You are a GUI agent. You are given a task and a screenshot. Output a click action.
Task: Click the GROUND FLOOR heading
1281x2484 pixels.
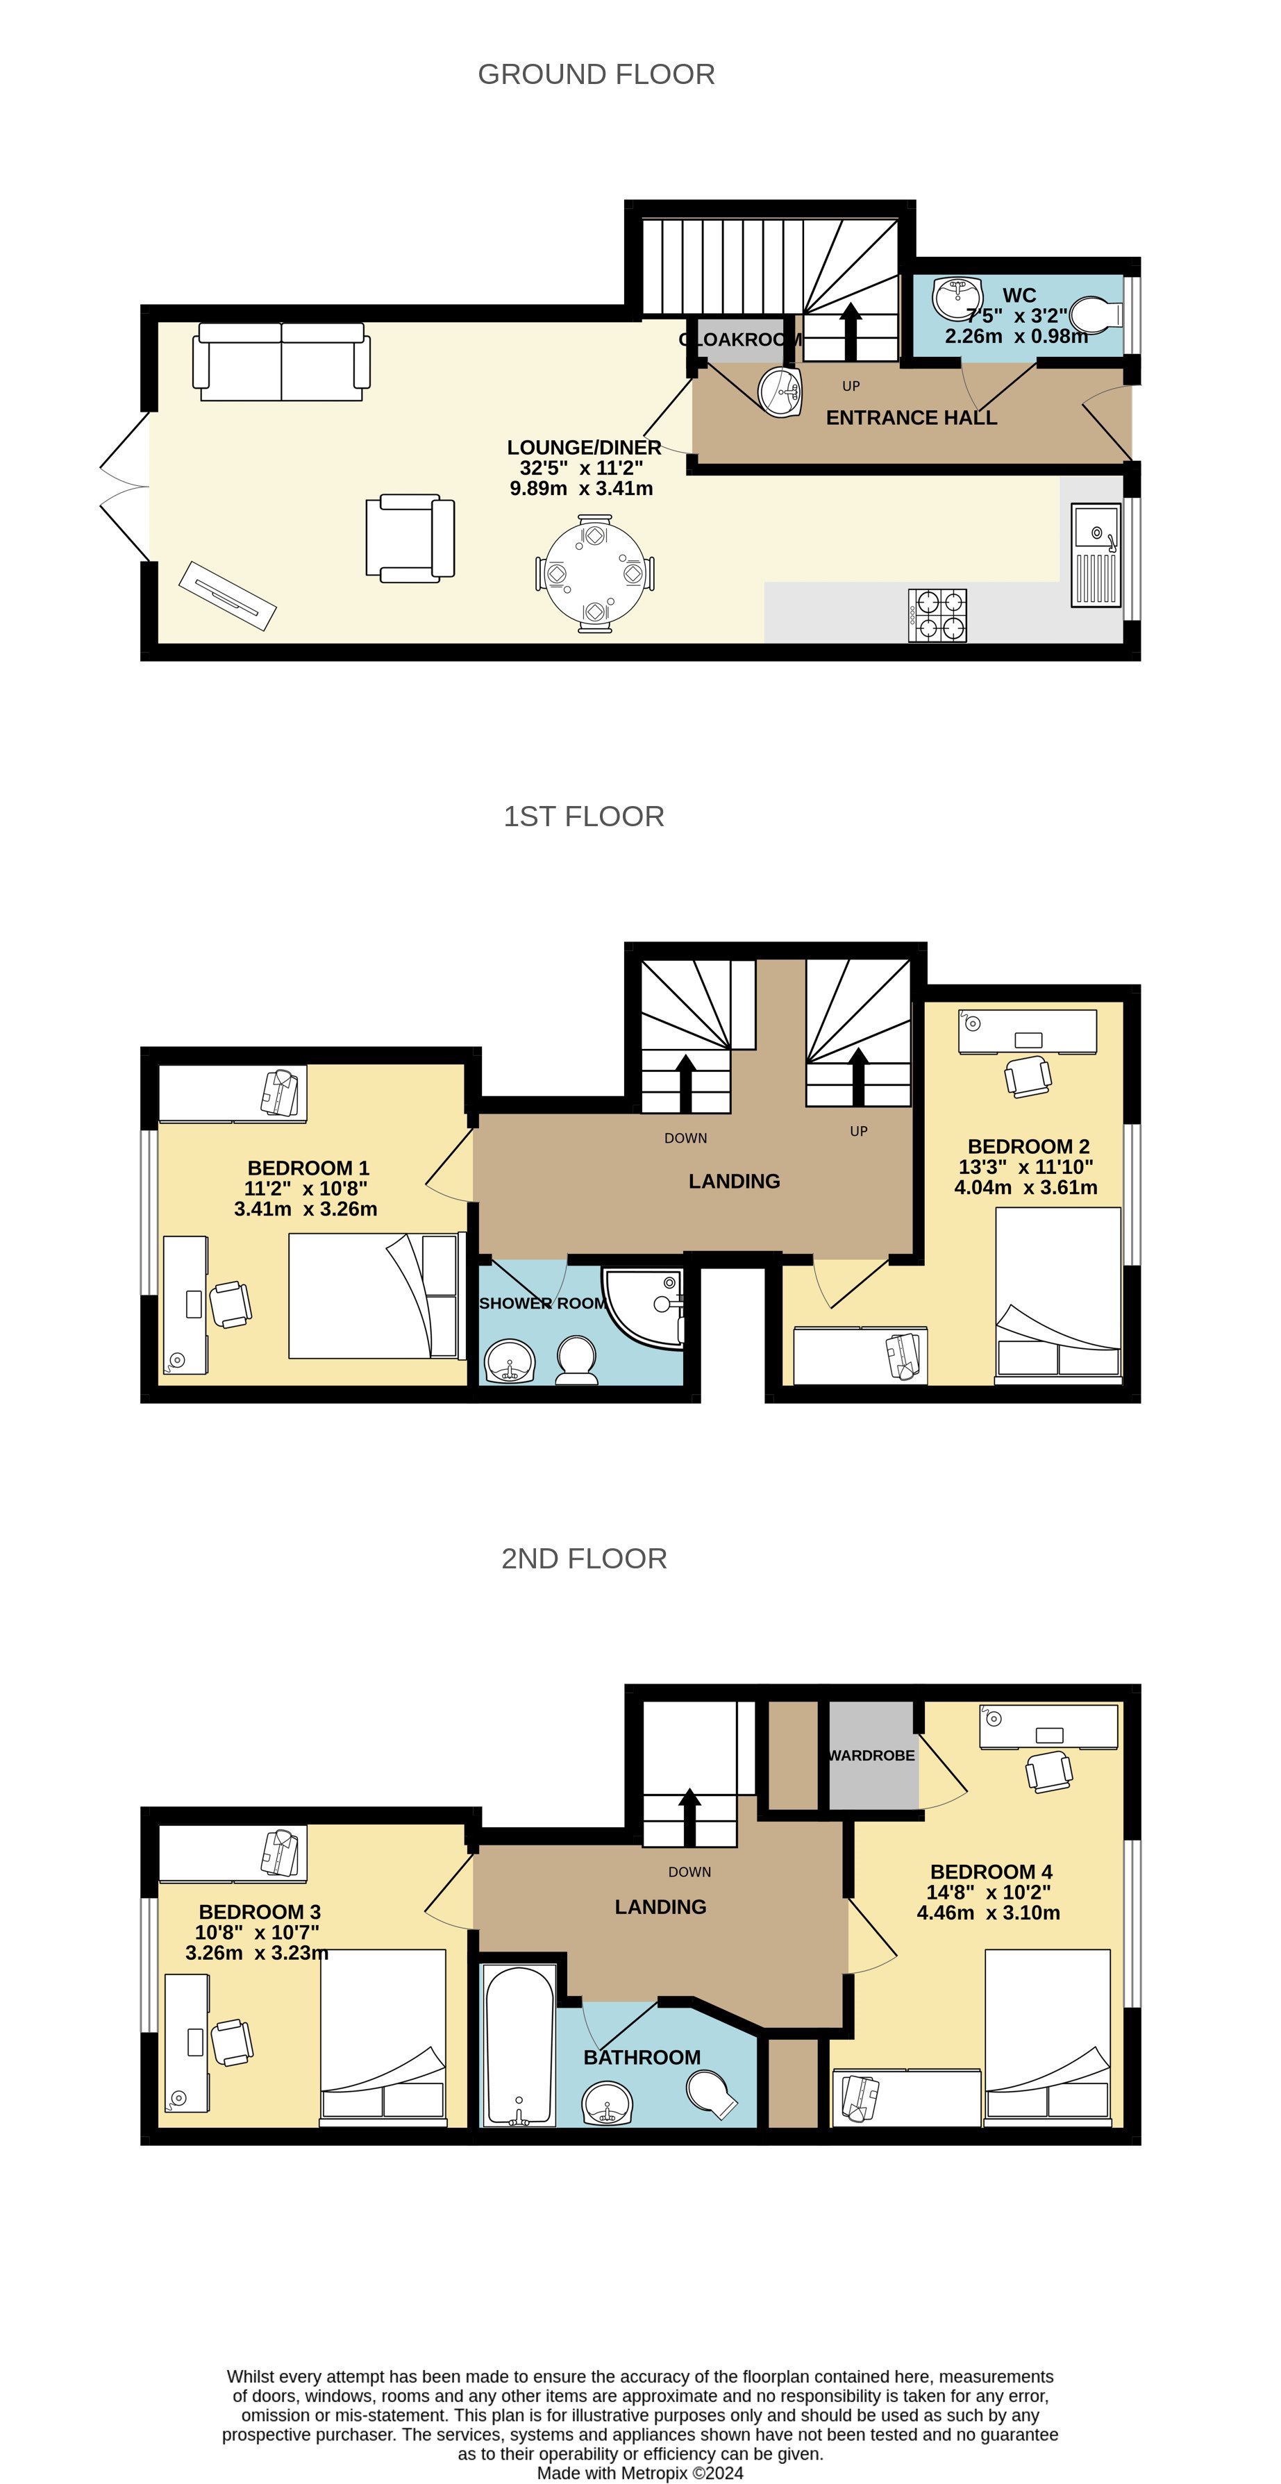click(x=596, y=74)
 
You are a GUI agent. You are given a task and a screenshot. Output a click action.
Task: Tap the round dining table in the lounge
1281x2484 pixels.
click(x=594, y=573)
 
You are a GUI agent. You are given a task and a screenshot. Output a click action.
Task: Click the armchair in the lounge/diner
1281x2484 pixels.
click(x=409, y=538)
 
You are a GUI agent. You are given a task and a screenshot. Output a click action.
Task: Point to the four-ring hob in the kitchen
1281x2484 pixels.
click(x=937, y=615)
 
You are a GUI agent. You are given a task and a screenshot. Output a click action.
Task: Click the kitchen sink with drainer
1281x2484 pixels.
click(x=1096, y=556)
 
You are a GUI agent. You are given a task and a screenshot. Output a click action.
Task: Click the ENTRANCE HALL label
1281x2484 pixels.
click(x=911, y=417)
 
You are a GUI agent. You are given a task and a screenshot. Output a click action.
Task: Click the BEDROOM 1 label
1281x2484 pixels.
click(x=308, y=1168)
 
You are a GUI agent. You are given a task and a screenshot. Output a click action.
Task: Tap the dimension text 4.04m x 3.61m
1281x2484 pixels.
click(x=1025, y=1187)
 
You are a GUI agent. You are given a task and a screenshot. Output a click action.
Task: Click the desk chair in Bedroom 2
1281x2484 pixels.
click(x=1028, y=1074)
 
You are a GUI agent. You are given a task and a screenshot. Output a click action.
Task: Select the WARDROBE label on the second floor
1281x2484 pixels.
click(x=871, y=1755)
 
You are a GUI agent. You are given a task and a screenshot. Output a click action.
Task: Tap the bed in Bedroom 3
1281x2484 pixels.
click(x=383, y=2035)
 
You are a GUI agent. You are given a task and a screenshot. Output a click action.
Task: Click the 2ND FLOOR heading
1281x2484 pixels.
click(x=584, y=1559)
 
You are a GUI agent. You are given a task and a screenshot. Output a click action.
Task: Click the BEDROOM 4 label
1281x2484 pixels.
click(x=991, y=1872)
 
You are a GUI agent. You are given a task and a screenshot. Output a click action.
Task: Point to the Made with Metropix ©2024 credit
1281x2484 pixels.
click(x=639, y=2472)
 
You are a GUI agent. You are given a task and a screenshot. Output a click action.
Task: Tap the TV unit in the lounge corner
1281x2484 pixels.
click(x=228, y=595)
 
